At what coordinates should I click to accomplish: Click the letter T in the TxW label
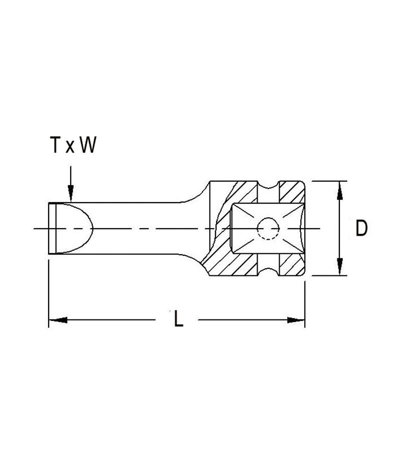55,145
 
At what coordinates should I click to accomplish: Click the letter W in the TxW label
87,145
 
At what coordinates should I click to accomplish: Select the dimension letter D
361,229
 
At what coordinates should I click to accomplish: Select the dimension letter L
178,320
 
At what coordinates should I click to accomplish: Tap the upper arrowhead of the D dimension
340,189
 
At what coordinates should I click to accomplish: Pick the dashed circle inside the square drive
268,229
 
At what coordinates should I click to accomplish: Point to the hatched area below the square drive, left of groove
236,264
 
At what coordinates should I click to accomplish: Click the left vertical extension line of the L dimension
49,291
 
